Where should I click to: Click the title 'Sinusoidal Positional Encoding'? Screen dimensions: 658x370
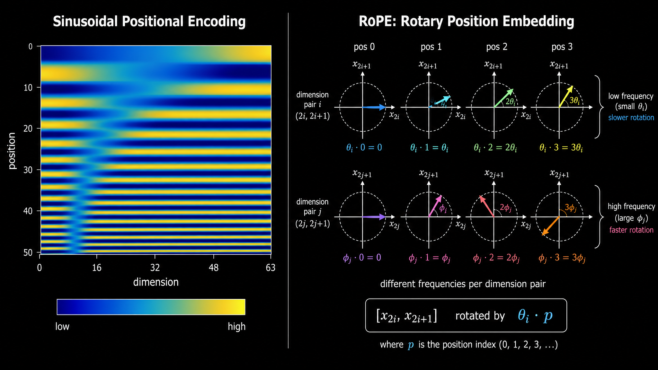pyautogui.click(x=149, y=22)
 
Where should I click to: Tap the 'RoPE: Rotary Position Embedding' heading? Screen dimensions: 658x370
pyautogui.click(x=466, y=22)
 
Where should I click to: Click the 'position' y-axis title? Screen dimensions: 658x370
pyautogui.click(x=12, y=151)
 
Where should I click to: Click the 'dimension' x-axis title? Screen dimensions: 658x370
pyautogui.click(x=156, y=282)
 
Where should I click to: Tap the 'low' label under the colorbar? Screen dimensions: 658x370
pyautogui.click(x=62, y=327)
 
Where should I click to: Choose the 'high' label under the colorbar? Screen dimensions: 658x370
pyautogui.click(x=237, y=327)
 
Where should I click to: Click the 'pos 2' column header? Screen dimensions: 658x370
pyautogui.click(x=497, y=47)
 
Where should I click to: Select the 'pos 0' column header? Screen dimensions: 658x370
pyautogui.click(x=364, y=47)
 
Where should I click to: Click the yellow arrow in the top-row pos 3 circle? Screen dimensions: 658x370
pyautogui.click(x=566, y=96)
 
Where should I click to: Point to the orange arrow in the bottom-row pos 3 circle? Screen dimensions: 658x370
pyautogui.click(x=551, y=226)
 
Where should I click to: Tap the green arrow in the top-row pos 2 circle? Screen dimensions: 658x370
pyautogui.click(x=504, y=98)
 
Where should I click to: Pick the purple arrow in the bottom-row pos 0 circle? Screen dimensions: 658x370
pyautogui.click(x=374, y=217)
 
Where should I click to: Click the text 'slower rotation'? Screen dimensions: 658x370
pyautogui.click(x=631, y=118)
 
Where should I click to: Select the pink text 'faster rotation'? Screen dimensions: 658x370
pyautogui.click(x=631, y=230)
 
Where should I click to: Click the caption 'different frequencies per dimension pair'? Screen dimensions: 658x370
pyautogui.click(x=463, y=284)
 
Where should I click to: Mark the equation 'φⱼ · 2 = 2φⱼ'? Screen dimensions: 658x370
pyautogui.click(x=496, y=258)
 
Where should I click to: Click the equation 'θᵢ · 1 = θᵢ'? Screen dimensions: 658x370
pyautogui.click(x=429, y=148)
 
